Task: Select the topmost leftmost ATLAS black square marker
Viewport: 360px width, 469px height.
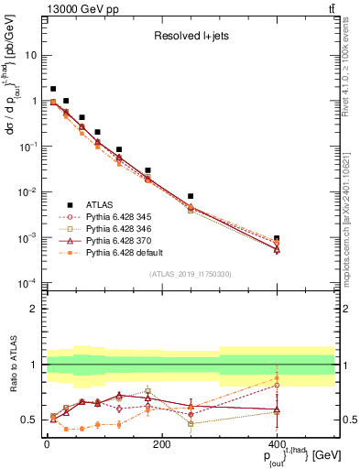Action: tap(53, 89)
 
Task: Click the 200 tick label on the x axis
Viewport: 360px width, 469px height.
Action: tap(161, 444)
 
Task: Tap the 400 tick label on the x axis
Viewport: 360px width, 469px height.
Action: tap(277, 444)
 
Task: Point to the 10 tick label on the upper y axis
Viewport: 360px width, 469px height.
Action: tap(31, 55)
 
